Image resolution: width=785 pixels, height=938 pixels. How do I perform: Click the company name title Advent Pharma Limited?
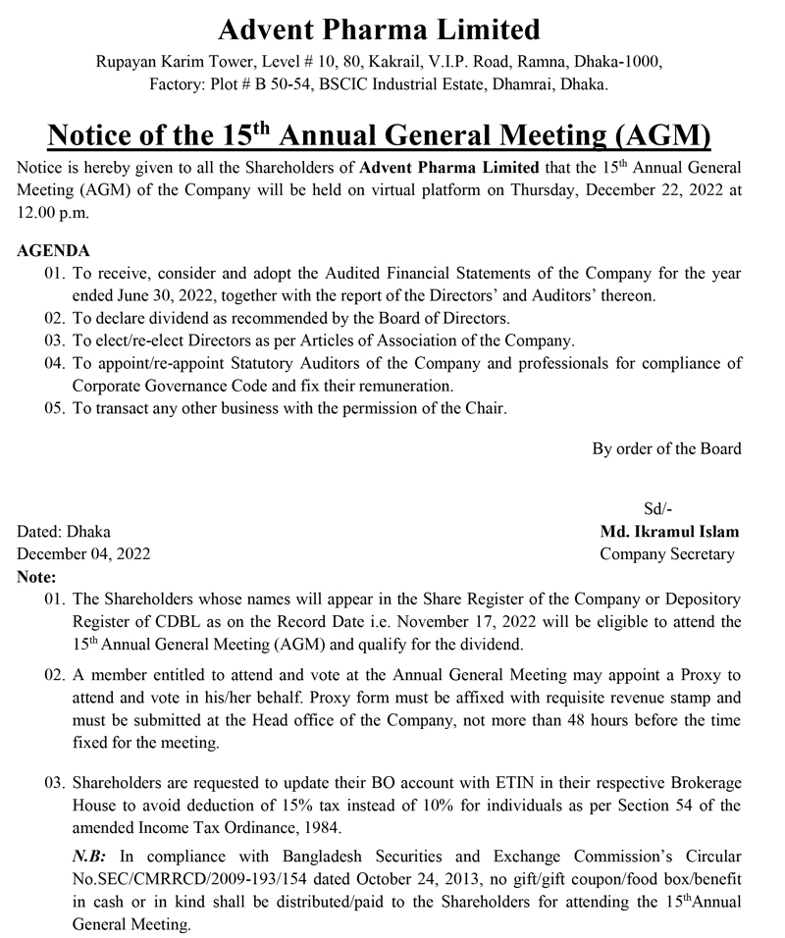[379, 29]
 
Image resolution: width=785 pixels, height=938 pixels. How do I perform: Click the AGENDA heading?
[54, 251]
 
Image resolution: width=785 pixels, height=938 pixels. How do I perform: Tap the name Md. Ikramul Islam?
[669, 532]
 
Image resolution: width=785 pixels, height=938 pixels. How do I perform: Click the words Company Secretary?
[667, 554]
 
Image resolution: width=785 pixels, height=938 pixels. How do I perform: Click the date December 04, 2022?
[84, 554]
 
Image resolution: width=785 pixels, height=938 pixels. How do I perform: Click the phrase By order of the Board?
[666, 448]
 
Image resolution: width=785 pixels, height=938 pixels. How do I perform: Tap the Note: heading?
[37, 577]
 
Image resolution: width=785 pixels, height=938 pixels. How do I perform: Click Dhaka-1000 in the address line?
[620, 61]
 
